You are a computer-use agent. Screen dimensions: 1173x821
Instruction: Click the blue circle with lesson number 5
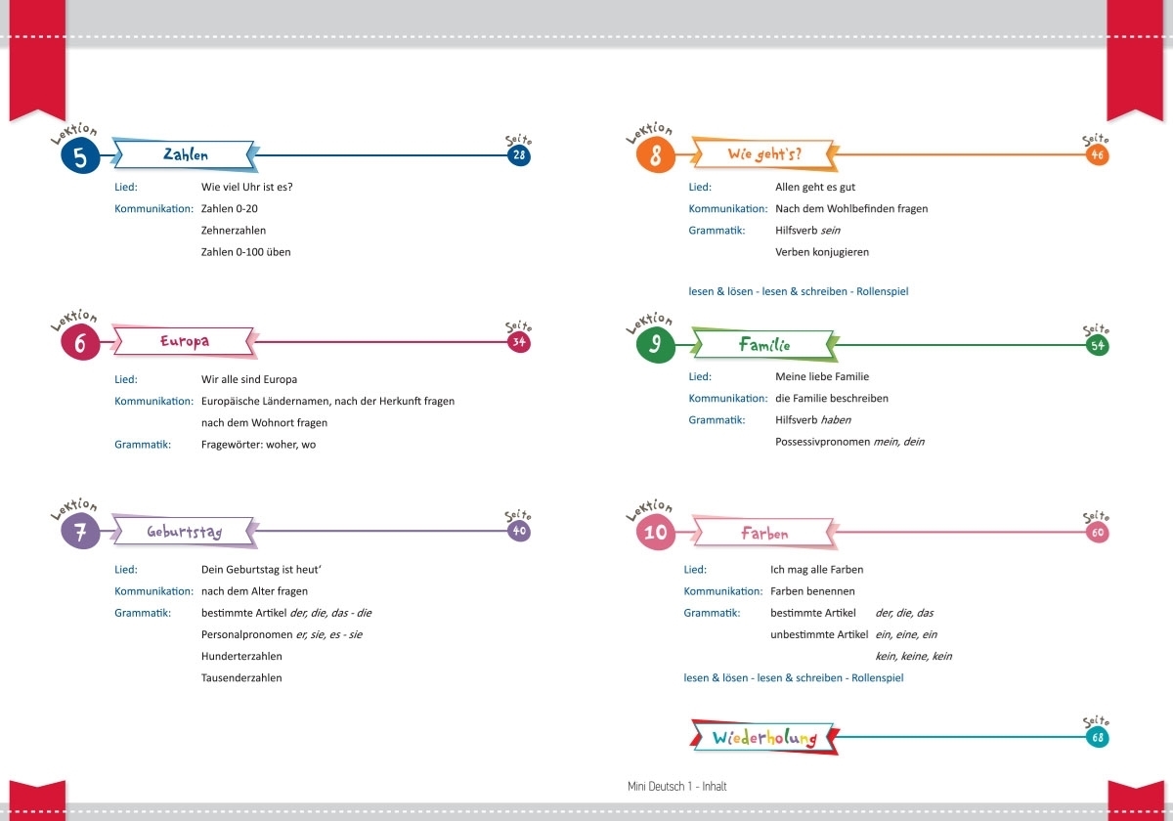[x=80, y=155]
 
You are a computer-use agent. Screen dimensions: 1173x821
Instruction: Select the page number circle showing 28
[x=519, y=155]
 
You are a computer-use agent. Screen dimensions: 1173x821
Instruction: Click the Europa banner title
[x=184, y=342]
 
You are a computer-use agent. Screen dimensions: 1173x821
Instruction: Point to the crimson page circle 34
[x=519, y=342]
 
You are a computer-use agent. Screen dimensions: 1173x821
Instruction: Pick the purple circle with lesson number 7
[x=80, y=532]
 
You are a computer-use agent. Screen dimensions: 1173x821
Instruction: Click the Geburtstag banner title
[x=184, y=532]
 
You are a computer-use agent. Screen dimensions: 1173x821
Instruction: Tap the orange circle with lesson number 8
[x=656, y=155]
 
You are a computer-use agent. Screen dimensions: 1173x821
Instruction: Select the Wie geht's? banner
[x=764, y=154]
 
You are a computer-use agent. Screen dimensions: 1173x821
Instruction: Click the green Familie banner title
[x=764, y=344]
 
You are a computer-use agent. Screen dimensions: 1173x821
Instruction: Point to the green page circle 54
[x=1097, y=346]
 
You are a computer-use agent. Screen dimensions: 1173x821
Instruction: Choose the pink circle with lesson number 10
[x=656, y=532]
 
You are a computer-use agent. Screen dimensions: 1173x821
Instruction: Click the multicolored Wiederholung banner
[x=764, y=737]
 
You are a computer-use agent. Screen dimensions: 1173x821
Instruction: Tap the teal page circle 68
[x=1097, y=738]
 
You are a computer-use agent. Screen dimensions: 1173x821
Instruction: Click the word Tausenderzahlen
[x=241, y=678]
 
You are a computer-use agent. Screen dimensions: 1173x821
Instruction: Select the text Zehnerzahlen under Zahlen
[x=234, y=231]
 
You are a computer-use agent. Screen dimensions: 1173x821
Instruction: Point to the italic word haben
[x=836, y=420]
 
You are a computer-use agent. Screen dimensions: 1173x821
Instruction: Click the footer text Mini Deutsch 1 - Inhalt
[x=677, y=787]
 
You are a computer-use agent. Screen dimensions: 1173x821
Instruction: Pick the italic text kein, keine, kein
[x=914, y=656]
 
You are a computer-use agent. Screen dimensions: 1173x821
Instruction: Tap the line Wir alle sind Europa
[x=249, y=379]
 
